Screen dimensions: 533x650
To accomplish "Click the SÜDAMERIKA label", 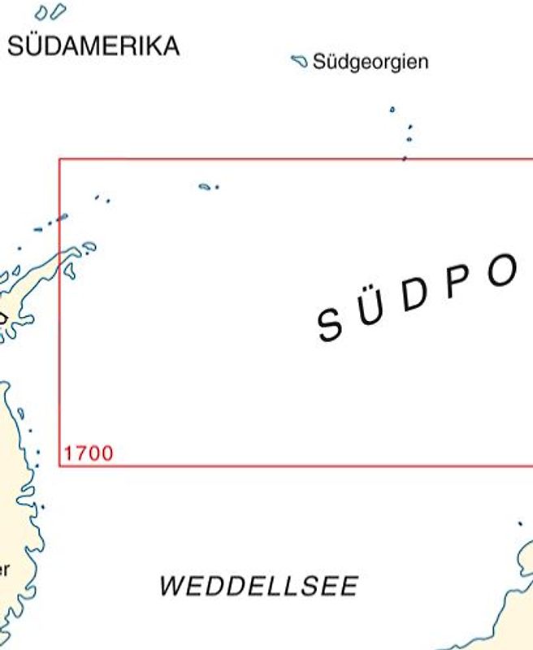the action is click(x=93, y=46).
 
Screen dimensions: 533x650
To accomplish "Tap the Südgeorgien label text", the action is click(x=370, y=63).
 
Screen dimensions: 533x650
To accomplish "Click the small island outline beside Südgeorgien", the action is click(x=299, y=60).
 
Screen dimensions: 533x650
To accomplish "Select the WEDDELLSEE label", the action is click(x=258, y=586).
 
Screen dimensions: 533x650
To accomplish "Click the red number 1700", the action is click(x=89, y=453).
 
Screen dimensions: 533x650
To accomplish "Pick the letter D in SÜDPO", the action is click(x=413, y=297).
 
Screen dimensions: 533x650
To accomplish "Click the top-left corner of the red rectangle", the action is click(x=59, y=158).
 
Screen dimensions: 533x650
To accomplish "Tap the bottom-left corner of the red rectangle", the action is click(x=59, y=466).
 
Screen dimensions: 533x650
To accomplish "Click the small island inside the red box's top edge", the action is click(x=206, y=186).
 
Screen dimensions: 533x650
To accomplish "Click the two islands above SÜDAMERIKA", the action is click(x=50, y=12).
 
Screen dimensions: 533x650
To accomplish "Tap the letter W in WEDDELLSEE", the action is click(x=171, y=586).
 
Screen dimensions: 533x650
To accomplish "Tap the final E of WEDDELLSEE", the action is click(x=350, y=586).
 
